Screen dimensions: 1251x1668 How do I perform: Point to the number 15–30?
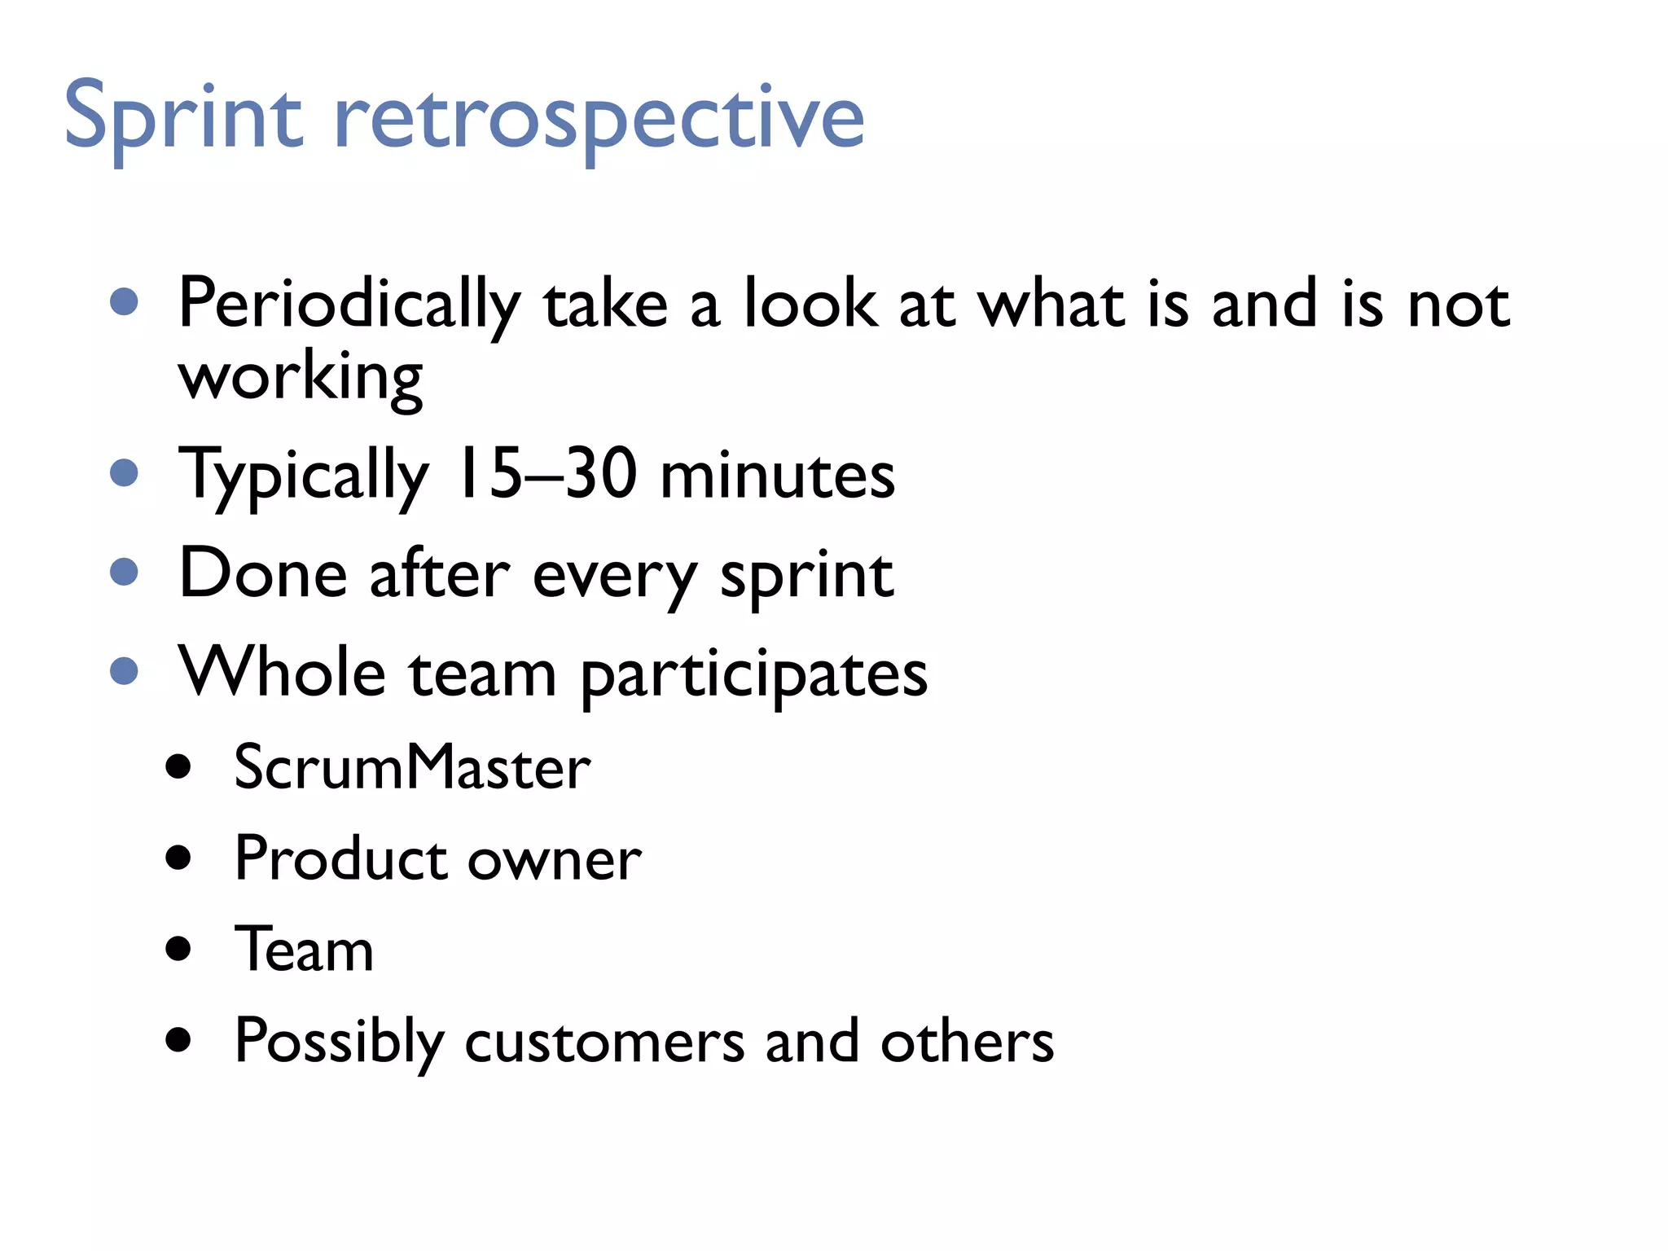(x=546, y=475)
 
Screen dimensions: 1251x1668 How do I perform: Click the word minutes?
(x=777, y=476)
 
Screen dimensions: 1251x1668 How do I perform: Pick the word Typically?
(x=303, y=478)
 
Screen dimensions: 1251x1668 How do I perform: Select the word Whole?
(x=282, y=673)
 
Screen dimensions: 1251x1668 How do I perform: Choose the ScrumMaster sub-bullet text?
(x=412, y=767)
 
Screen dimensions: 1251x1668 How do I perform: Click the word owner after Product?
(x=554, y=860)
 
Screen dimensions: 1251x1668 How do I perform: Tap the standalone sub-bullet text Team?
(x=304, y=950)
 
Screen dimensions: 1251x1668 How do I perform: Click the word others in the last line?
(x=967, y=1042)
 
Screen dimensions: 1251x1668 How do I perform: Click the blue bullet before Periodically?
(x=124, y=302)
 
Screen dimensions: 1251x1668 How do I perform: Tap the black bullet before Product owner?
(x=178, y=858)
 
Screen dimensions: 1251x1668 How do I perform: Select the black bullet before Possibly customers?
(x=178, y=1039)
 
